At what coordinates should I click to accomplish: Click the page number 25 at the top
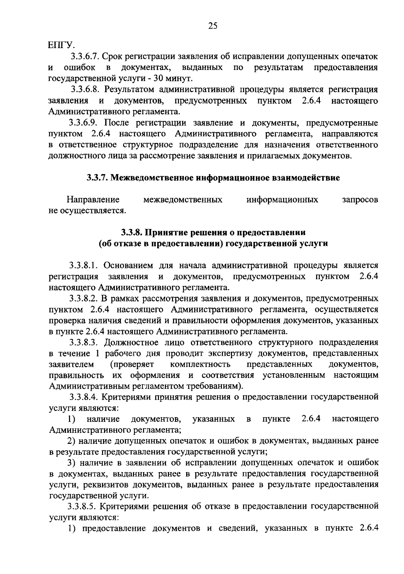[x=213, y=26]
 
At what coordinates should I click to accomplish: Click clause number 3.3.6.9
[x=85, y=123]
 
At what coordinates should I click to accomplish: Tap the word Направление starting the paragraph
[x=93, y=200]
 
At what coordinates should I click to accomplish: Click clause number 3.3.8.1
[x=84, y=266]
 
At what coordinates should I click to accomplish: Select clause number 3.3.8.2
[x=84, y=299]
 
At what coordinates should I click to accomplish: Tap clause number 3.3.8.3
[x=84, y=343]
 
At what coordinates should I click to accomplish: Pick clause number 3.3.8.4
[x=84, y=397]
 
